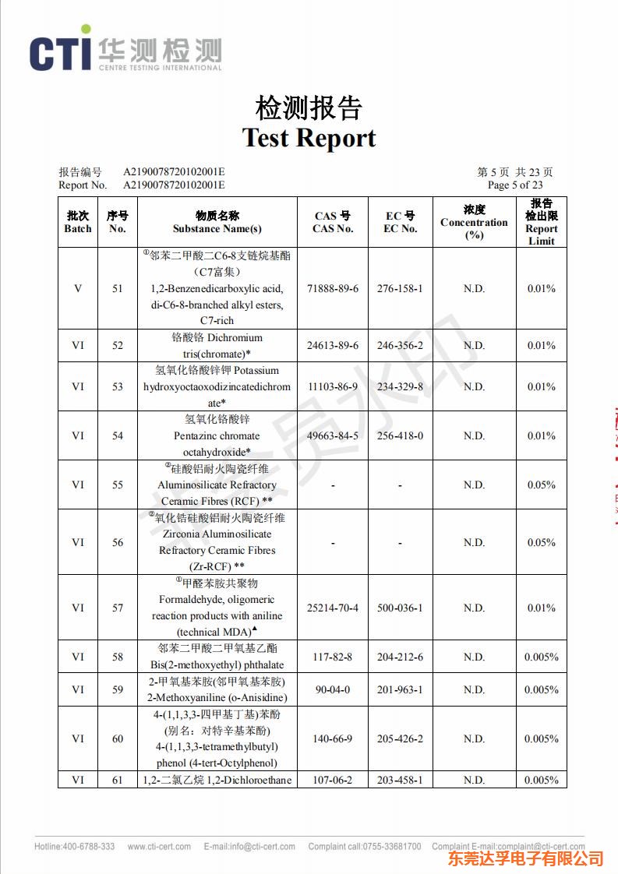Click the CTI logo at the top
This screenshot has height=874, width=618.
[x=125, y=51]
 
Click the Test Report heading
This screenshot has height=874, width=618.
[x=309, y=138]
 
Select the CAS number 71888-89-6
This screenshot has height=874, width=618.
[x=333, y=288]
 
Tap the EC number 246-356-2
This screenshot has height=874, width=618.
[x=400, y=345]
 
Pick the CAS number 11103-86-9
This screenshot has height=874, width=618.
[x=333, y=386]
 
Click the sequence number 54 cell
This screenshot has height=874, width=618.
[x=118, y=435]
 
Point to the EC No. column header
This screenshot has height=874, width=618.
[x=401, y=222]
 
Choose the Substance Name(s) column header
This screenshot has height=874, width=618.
[x=217, y=222]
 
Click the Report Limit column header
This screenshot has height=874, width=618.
[x=541, y=222]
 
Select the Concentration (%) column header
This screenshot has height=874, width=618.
[x=474, y=222]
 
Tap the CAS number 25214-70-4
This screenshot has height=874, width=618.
[x=333, y=608]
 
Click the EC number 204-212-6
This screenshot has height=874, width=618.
[x=400, y=657]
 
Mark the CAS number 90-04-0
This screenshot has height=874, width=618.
[x=333, y=689]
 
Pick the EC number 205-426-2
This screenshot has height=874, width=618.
[x=400, y=738]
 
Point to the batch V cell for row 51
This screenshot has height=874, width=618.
[x=78, y=288]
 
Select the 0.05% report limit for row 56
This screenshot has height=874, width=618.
[x=541, y=542]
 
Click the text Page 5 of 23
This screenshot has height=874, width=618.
[x=515, y=185]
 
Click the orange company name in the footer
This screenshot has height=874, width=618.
[x=526, y=858]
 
